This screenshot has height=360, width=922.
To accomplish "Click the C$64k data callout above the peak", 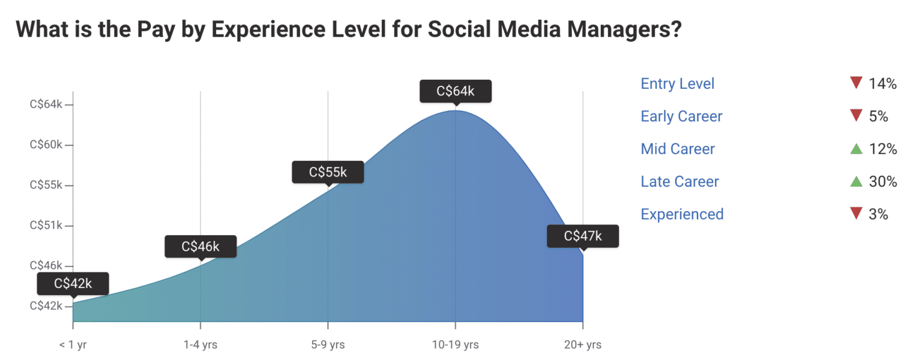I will pyautogui.click(x=455, y=91).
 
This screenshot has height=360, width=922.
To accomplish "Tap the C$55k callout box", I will pyautogui.click(x=328, y=172).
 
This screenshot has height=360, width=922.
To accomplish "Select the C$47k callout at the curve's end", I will pyautogui.click(x=582, y=236).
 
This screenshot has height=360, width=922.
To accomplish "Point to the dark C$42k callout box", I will pyautogui.click(x=73, y=284).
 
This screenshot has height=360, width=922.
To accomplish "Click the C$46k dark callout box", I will pyautogui.click(x=200, y=247).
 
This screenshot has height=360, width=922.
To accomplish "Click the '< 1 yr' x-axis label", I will pyautogui.click(x=73, y=345).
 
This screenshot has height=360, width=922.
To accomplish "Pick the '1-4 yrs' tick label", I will pyautogui.click(x=200, y=345).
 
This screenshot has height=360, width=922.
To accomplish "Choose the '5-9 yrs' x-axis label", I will pyautogui.click(x=328, y=345).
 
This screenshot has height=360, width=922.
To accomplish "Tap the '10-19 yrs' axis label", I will pyautogui.click(x=455, y=345).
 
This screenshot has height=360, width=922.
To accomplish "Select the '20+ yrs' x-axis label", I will pyautogui.click(x=582, y=345).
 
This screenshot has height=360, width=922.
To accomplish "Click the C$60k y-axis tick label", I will pyautogui.click(x=46, y=145).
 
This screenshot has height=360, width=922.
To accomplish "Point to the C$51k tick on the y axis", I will pyautogui.click(x=46, y=226).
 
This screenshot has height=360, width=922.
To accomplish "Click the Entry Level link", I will pyautogui.click(x=678, y=84).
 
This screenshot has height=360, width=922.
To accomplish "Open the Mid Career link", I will pyautogui.click(x=678, y=149).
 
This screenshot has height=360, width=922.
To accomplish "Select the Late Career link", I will pyautogui.click(x=679, y=181).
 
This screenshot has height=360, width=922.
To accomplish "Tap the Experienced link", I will pyautogui.click(x=682, y=214).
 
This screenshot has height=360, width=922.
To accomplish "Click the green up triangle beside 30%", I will pyautogui.click(x=856, y=181).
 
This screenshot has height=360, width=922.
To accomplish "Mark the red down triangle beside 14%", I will pyautogui.click(x=856, y=83).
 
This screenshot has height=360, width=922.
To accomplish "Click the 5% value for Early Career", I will pyautogui.click(x=878, y=116).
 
